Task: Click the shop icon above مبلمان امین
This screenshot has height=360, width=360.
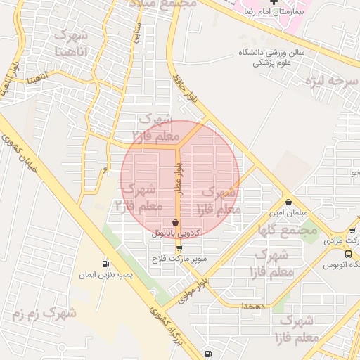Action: click(x=288, y=202)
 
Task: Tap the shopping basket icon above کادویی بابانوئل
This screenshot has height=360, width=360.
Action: click(x=175, y=223)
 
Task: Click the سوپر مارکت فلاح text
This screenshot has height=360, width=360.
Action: click(x=180, y=259)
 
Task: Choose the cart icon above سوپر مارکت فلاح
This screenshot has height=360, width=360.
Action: click(x=179, y=248)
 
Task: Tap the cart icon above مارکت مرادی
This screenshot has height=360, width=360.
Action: click(x=352, y=230)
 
